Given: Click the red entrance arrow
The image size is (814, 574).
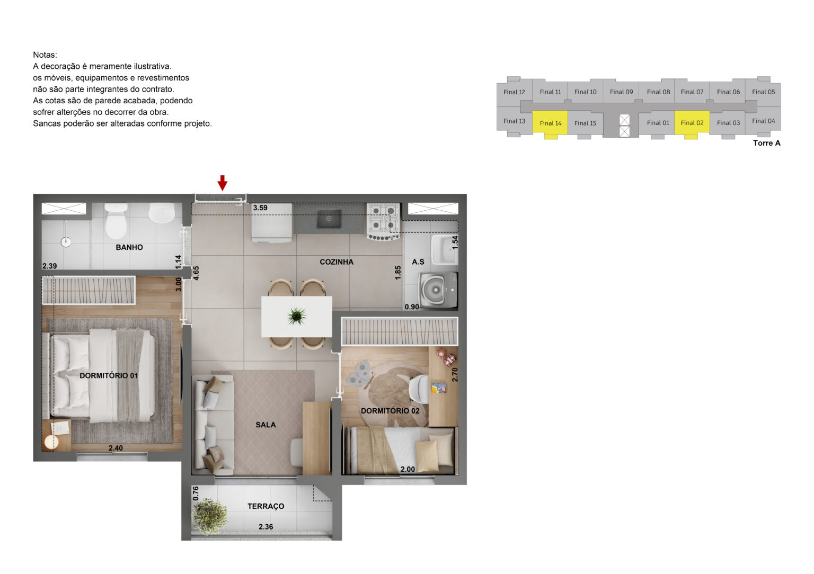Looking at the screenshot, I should [223, 183].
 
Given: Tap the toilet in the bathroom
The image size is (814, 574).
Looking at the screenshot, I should [116, 221].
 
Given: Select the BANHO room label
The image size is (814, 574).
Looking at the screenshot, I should [129, 247].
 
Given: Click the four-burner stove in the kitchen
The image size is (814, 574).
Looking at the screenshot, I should [383, 221].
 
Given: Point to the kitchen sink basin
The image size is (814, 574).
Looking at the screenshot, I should [329, 219].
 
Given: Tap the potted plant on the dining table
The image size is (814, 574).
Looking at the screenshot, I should [297, 316].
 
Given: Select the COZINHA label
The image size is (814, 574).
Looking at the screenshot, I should [337, 262].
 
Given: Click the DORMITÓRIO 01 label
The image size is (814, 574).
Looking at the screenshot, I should [109, 375].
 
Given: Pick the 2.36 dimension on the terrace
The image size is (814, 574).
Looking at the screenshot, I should [266, 526].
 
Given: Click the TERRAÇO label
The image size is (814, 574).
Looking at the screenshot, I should [266, 506].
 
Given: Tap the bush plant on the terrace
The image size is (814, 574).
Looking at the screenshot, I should [210, 516].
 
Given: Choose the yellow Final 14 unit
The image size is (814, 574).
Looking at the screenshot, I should [550, 123].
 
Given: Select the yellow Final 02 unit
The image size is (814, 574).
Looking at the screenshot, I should [692, 122].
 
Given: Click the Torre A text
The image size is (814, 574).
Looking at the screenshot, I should [766, 143].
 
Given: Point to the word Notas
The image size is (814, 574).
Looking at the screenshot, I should [45, 55].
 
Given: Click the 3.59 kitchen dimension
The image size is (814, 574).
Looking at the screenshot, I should [260, 208].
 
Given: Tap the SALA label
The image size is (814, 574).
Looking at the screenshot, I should [266, 425].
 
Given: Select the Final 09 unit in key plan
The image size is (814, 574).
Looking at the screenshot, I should [621, 92].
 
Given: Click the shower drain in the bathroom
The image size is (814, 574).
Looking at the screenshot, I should [66, 242].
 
